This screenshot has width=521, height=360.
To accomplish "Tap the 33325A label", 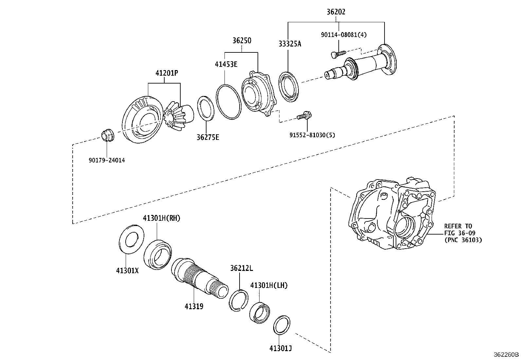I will coord(290,44).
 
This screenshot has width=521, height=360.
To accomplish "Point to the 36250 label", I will coord(242,41).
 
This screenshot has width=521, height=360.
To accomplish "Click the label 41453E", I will coord(226,64).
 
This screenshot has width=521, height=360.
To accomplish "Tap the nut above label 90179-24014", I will coord(107,135).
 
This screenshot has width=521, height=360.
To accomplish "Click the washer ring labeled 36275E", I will coord(206,108).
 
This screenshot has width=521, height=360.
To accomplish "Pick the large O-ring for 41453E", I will coord(228,102).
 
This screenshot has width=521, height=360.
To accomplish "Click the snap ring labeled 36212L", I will coord(239,300).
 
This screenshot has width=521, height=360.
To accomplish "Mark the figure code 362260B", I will coord(506,354).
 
